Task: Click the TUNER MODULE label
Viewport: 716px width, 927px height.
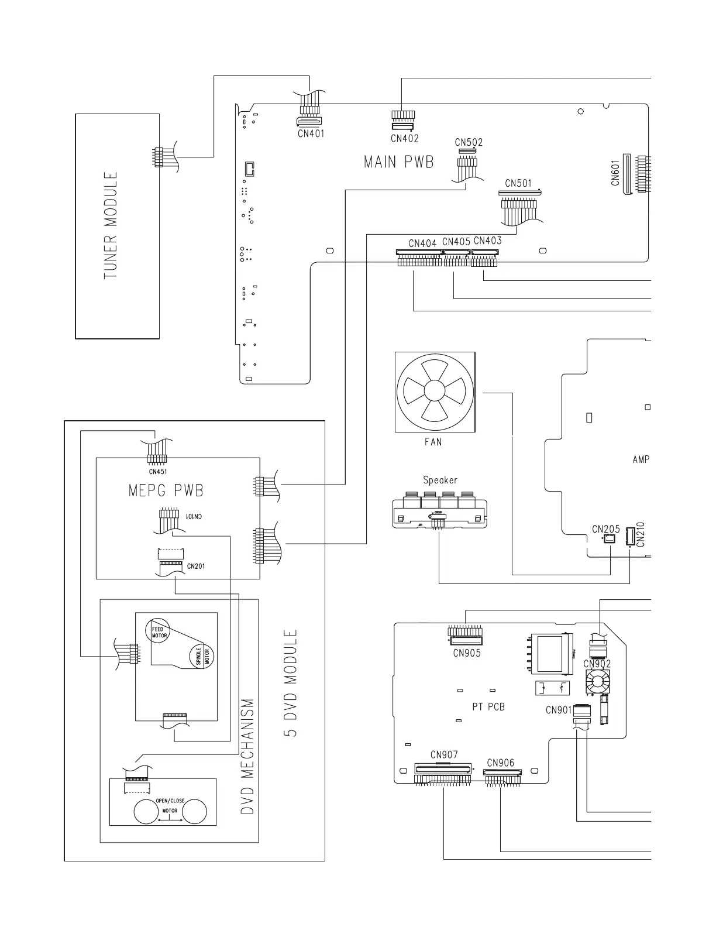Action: coord(111,225)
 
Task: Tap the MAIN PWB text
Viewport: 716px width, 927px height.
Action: coord(399,162)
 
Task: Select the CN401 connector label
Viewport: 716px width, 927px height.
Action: coord(311,133)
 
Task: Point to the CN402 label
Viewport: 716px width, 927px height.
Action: coord(405,139)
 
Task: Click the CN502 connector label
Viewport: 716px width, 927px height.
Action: coord(469,142)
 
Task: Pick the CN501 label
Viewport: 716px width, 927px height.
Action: coord(518,183)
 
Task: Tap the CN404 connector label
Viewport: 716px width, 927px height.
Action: coord(423,243)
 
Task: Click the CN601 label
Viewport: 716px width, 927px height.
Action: coord(615,174)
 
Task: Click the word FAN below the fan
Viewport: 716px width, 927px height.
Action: coord(433,442)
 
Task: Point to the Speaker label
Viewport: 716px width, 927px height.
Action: coord(440,480)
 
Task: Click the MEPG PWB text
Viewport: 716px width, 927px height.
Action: coord(166,490)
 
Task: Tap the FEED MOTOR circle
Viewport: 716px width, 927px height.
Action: coord(157,631)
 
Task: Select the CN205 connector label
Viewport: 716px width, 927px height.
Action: coord(605,529)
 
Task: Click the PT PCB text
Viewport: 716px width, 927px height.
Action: coord(488,706)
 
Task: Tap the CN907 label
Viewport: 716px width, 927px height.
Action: coord(444,755)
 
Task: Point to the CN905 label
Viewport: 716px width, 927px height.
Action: coord(467,653)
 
